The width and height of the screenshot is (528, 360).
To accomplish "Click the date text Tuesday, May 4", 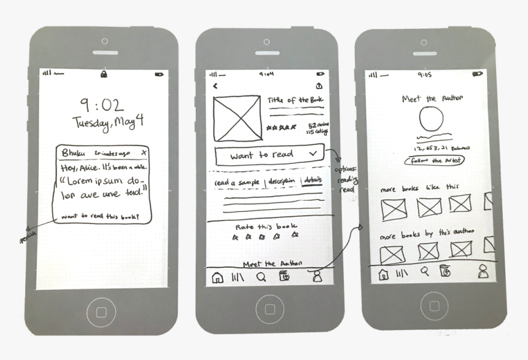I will click(108, 122).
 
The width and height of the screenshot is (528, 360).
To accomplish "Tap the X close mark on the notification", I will click(144, 152).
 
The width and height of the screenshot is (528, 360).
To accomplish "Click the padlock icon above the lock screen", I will click(104, 74).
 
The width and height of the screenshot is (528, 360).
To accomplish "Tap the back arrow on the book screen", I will click(215, 86).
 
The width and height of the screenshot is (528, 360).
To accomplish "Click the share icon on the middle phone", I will click(319, 86).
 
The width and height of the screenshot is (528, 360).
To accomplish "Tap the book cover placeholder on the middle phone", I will click(236, 117).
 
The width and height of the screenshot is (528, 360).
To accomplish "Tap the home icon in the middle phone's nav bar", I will click(217, 278).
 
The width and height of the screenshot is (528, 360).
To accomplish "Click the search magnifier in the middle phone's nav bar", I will click(261, 277).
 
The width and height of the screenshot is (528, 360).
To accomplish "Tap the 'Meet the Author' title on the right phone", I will click(432, 98).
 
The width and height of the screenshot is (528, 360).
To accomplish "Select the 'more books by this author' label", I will click(428, 233).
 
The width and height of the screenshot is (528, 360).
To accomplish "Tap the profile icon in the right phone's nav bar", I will click(483, 272).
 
